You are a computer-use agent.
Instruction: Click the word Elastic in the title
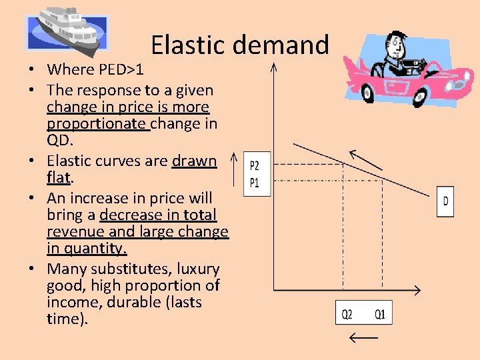click(x=187, y=45)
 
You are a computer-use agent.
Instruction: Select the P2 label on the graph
click(x=254, y=165)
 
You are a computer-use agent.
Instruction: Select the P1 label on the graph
click(x=254, y=182)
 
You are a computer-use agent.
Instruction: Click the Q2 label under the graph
click(x=348, y=314)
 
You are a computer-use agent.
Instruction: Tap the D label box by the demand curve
click(x=445, y=201)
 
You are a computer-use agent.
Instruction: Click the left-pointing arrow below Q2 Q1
click(x=363, y=338)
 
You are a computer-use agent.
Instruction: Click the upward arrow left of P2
click(x=233, y=169)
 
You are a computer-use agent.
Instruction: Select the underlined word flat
click(x=59, y=178)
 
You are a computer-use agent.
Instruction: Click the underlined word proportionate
click(x=97, y=123)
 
